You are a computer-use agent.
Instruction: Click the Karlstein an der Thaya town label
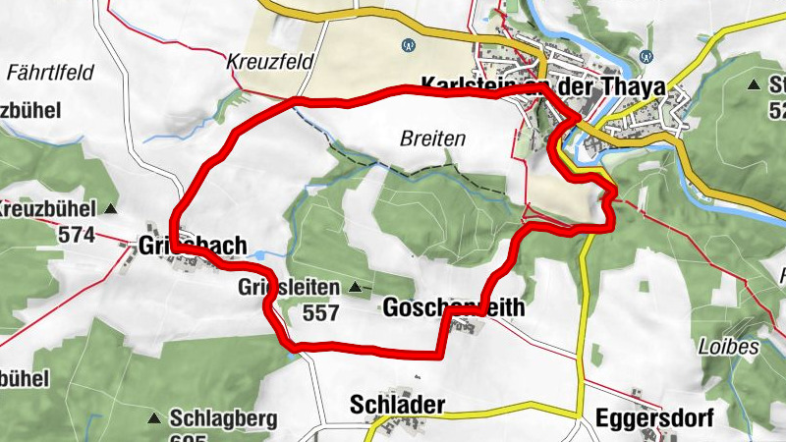(x=542, y=86)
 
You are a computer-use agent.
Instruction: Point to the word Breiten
(x=432, y=139)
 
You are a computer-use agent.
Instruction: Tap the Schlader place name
(x=397, y=405)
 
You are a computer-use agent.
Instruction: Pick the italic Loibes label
(x=714, y=347)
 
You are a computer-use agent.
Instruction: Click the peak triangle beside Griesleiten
(x=355, y=288)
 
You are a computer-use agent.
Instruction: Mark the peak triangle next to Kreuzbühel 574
(x=110, y=209)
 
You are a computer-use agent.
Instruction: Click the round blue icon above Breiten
(x=409, y=44)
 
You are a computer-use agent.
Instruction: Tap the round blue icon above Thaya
(x=646, y=55)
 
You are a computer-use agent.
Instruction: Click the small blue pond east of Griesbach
(x=257, y=254)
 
